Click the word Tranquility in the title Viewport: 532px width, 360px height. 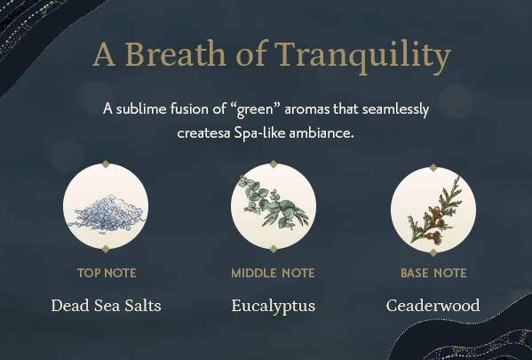(x=362, y=55)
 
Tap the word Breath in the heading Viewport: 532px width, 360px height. (x=176, y=53)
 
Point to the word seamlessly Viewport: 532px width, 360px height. (x=395, y=109)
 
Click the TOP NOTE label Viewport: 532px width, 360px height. (x=107, y=273)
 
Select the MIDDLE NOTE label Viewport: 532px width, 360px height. (x=273, y=273)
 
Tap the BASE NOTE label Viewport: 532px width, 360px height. (x=433, y=273)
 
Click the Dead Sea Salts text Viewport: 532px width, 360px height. (x=107, y=305)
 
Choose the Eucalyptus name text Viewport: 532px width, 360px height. (x=274, y=306)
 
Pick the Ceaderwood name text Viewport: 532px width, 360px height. (x=433, y=305)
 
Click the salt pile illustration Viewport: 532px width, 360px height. (x=106, y=214)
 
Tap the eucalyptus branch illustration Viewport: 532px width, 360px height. (x=274, y=202)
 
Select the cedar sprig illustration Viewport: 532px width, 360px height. (x=435, y=212)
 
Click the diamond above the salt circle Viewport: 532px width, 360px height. (x=106, y=164)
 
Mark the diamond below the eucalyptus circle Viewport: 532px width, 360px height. (x=274, y=249)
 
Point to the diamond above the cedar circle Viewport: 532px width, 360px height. (x=433, y=167)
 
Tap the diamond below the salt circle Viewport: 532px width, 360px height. (x=106, y=249)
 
